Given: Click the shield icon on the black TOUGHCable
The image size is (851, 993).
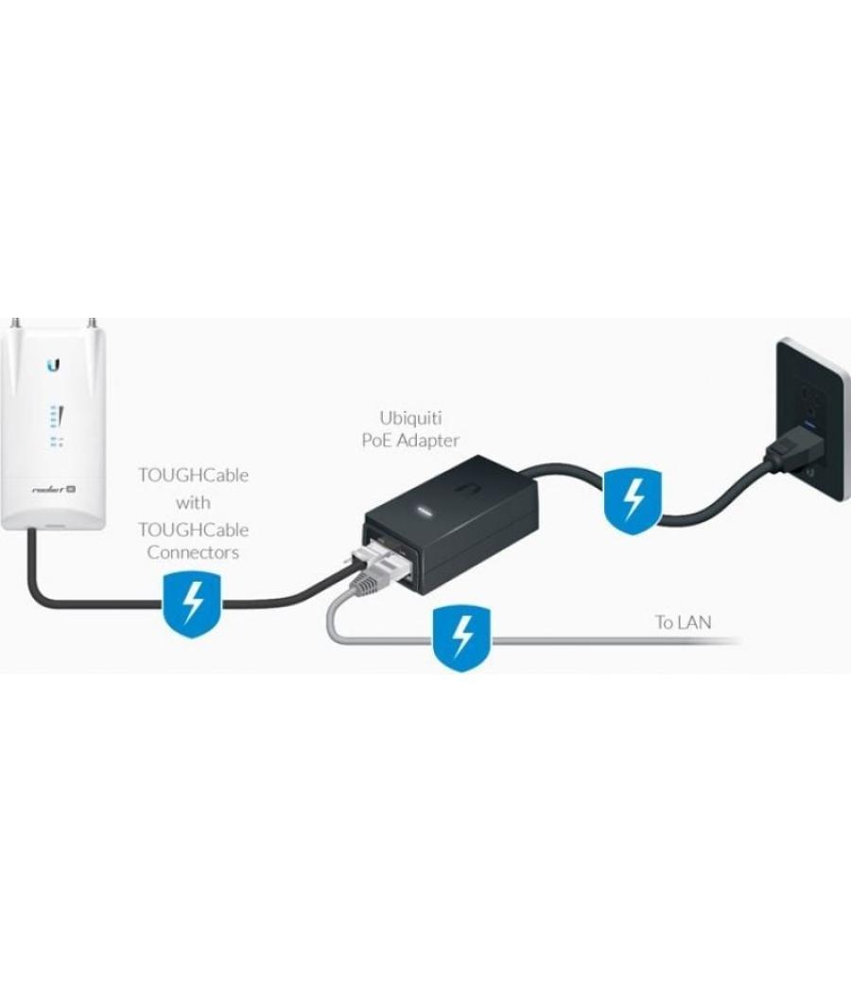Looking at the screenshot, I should click(194, 604).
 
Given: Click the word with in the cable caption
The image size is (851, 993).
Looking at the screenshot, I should click(193, 502).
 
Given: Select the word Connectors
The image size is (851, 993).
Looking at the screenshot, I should click(193, 553).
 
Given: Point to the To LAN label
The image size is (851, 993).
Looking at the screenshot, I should click(683, 622).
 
